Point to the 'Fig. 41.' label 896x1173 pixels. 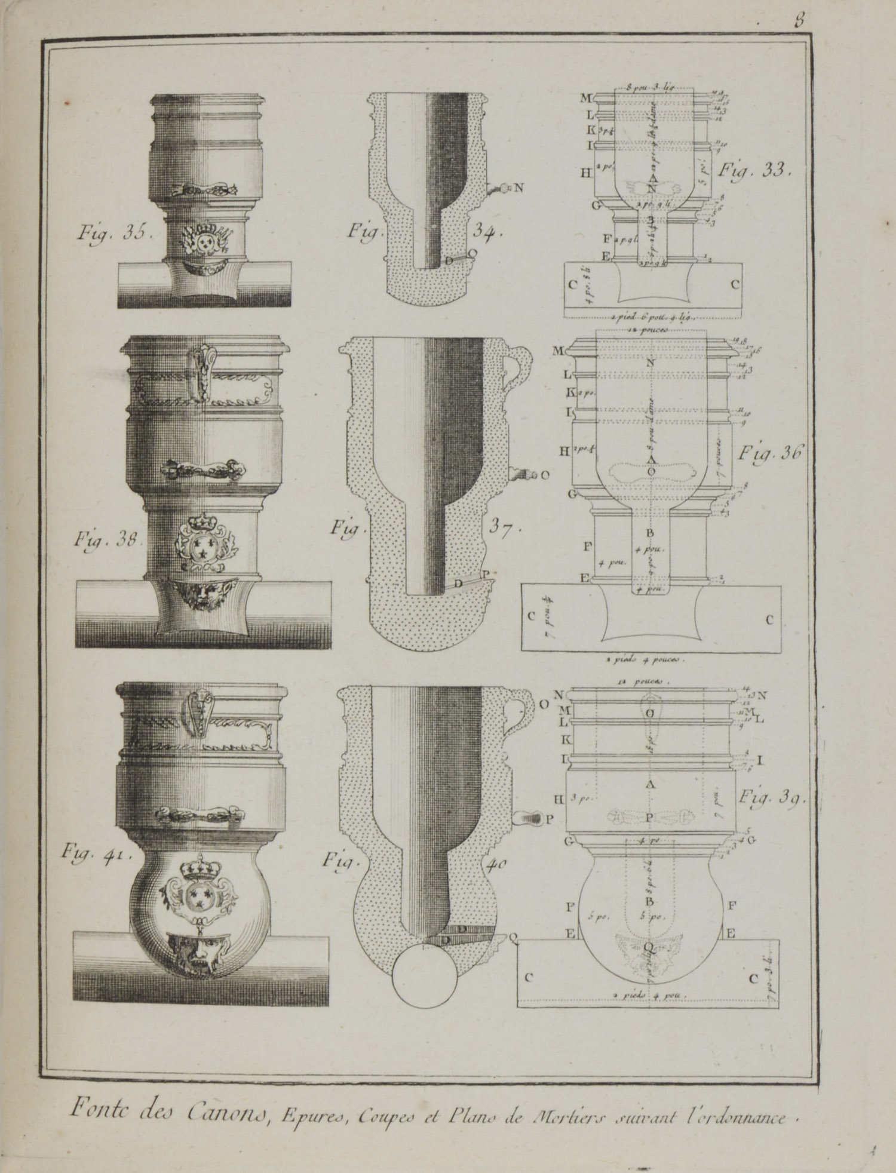coord(99,855)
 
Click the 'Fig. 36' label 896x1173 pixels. coord(769,453)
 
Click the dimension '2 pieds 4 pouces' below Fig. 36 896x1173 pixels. coord(648,661)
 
